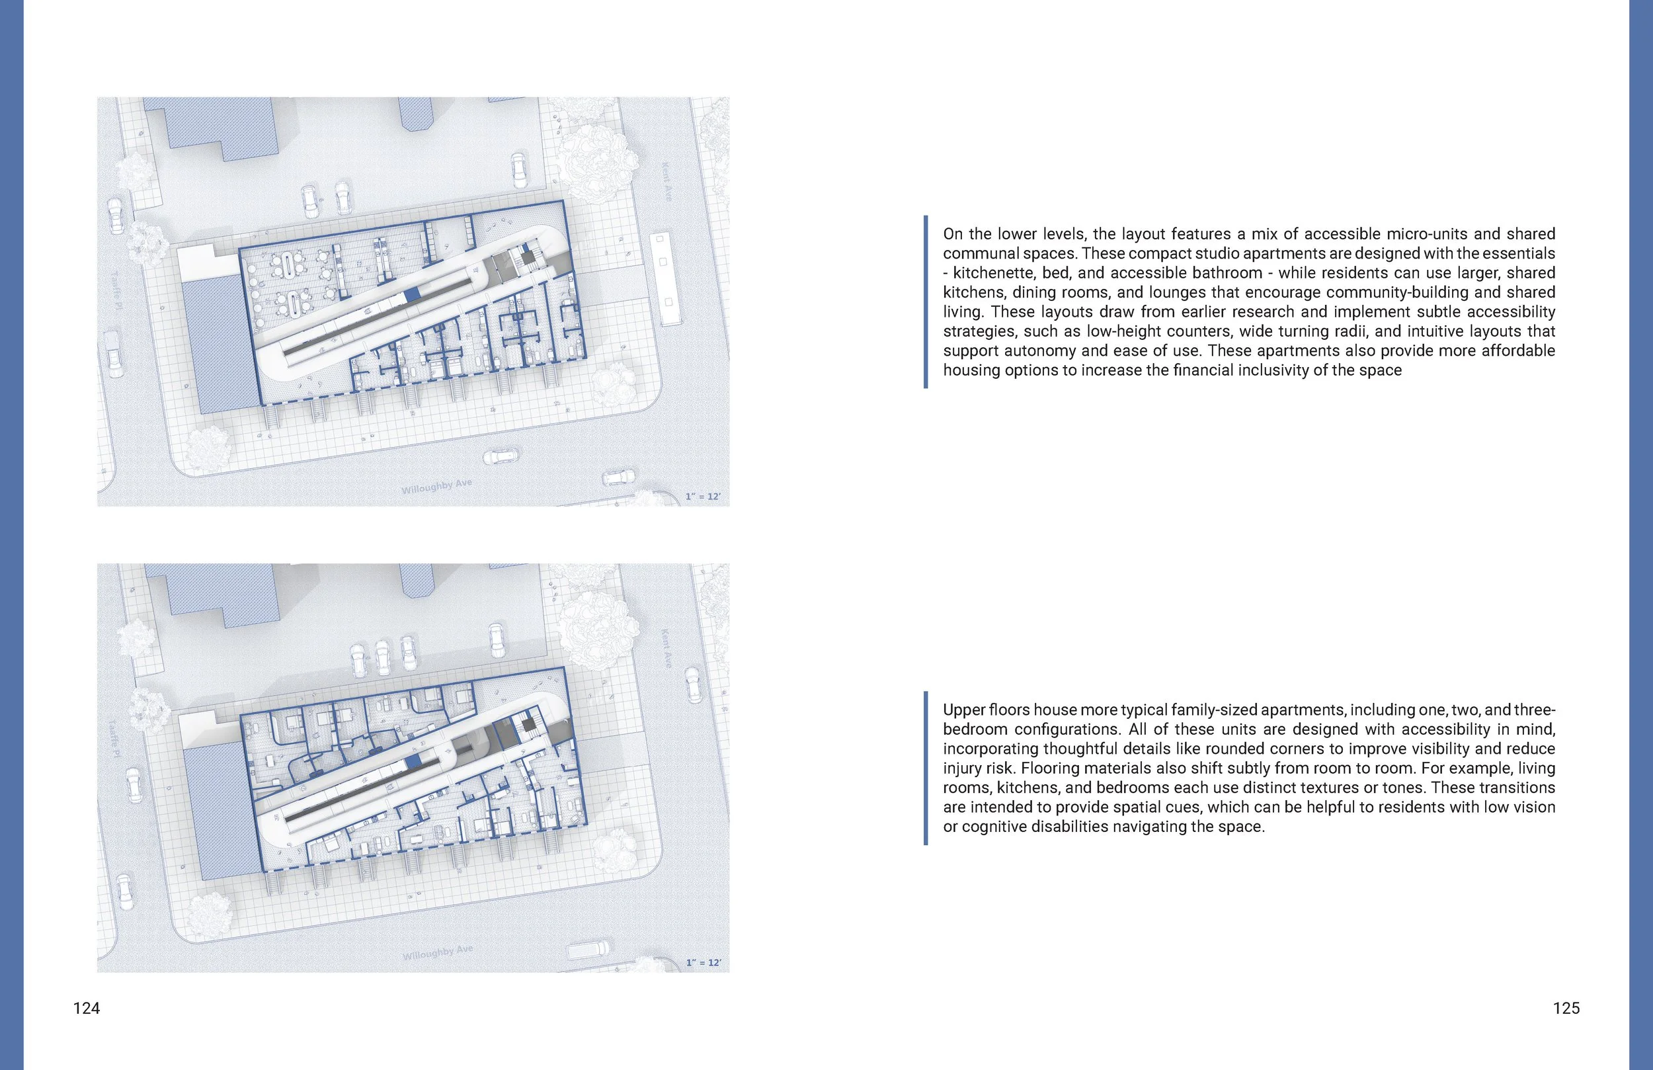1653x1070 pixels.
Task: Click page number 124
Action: (x=86, y=1008)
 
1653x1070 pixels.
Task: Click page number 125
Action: (x=1566, y=1008)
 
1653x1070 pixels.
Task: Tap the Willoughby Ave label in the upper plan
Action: (x=436, y=486)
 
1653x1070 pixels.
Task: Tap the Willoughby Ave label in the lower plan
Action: (x=437, y=952)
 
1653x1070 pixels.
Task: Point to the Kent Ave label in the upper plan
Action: (x=666, y=182)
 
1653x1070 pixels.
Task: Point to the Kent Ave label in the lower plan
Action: (x=666, y=649)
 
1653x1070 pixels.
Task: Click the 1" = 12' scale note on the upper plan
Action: (x=703, y=496)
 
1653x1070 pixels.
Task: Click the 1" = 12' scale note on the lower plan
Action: (x=703, y=962)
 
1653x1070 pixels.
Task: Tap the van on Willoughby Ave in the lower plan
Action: (x=588, y=950)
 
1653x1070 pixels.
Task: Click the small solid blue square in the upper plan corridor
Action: (x=413, y=294)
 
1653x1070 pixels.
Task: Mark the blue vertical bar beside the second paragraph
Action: (x=926, y=768)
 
